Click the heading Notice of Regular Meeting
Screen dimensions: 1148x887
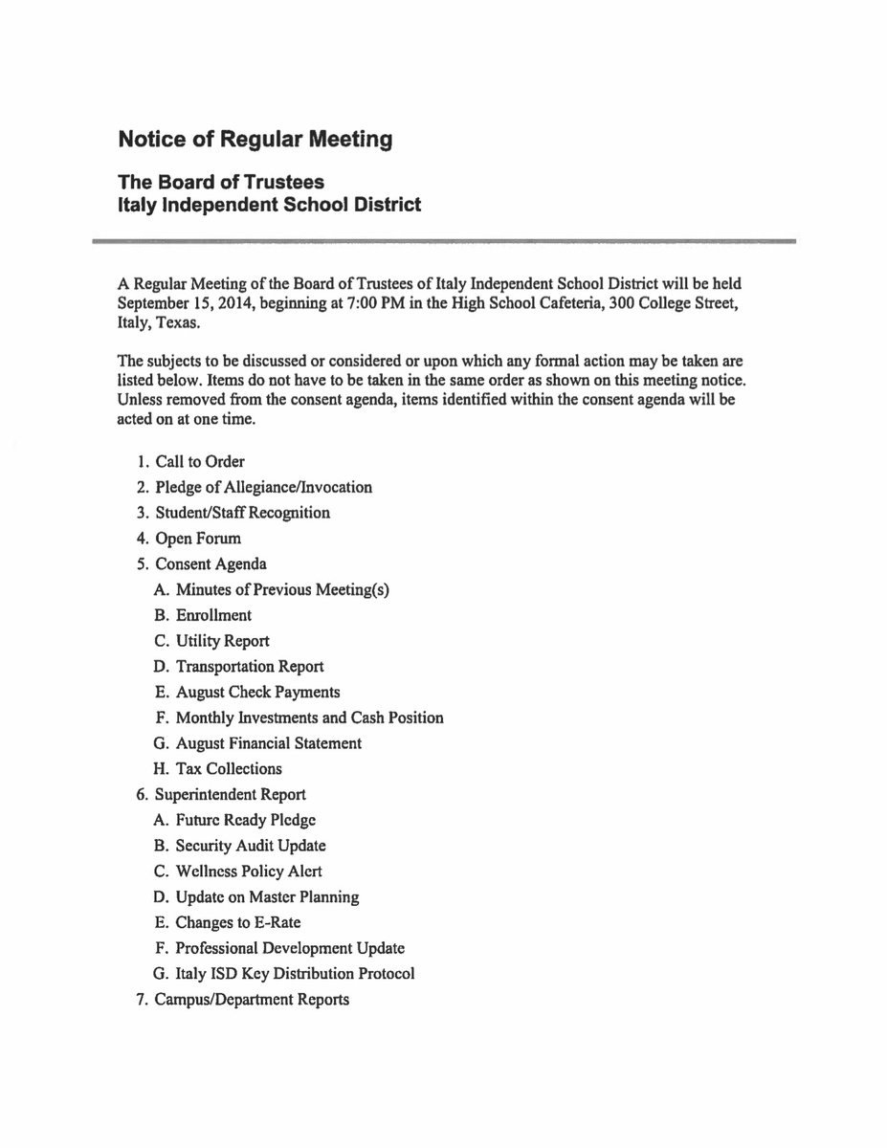[x=255, y=140]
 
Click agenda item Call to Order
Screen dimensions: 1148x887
[x=200, y=461]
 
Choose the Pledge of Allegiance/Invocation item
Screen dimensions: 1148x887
[x=264, y=487]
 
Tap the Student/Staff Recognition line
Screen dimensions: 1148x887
[x=243, y=513]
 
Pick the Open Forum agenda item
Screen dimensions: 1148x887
[x=198, y=539]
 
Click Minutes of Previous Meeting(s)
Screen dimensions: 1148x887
[x=282, y=589]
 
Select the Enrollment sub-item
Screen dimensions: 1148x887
[x=213, y=615]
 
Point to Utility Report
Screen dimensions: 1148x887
[x=222, y=641]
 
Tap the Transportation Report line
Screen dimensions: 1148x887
[x=250, y=667]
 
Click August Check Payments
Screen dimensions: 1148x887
[x=257, y=692]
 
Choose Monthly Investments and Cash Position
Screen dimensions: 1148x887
[x=309, y=717]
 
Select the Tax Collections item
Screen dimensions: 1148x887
[x=229, y=769]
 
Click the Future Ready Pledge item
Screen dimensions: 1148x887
[x=246, y=820]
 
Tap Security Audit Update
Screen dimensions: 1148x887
[x=251, y=846]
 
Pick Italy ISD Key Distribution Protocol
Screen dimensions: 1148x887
[x=295, y=974]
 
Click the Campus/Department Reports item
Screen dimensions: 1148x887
[x=253, y=1000]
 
